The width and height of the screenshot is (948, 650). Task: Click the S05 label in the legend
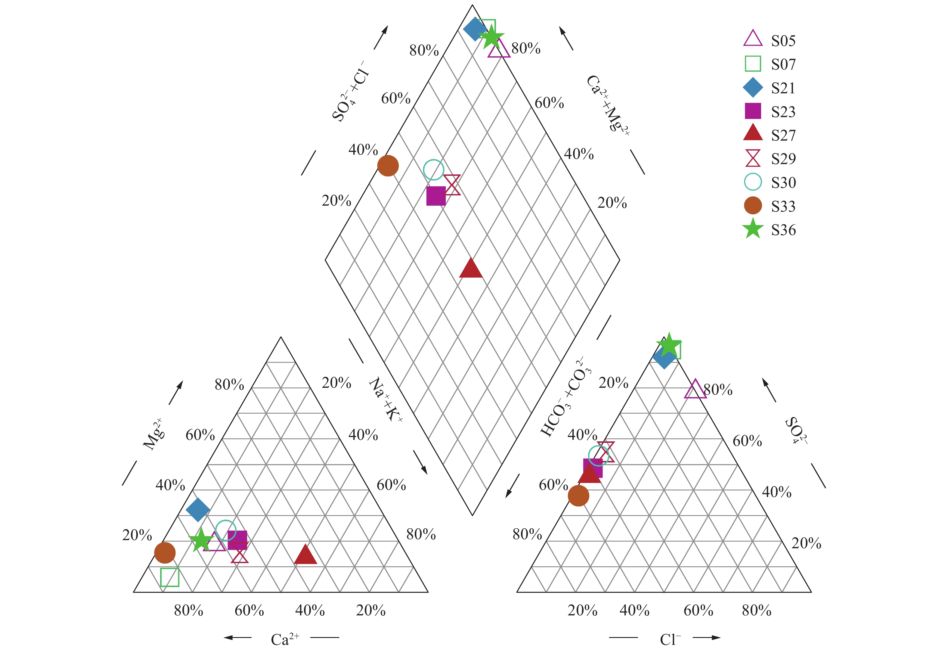783,41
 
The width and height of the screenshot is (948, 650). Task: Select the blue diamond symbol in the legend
753,88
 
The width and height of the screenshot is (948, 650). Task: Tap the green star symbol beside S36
753,229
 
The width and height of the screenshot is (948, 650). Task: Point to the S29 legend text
783,159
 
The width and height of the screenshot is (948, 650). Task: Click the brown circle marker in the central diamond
388,166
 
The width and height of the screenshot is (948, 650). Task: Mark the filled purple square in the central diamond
436,196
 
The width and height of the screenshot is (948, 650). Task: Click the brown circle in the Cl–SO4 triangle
578,496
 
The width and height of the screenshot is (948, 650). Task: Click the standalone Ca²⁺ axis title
285,639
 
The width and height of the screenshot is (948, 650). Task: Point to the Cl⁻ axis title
670,639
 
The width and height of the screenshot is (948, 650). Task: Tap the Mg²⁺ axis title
154,434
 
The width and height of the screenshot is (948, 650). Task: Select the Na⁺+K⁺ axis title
385,400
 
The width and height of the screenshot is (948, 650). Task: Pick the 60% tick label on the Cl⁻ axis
698,611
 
